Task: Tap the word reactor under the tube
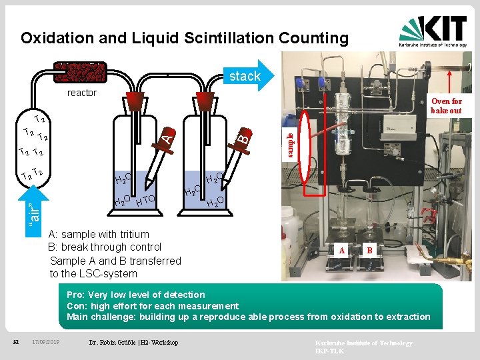[82, 93]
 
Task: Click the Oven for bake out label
[446, 106]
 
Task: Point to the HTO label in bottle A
[145, 199]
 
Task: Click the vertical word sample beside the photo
[289, 145]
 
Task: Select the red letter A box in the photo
[342, 250]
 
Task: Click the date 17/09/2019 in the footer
[46, 342]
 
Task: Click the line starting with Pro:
[136, 295]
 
